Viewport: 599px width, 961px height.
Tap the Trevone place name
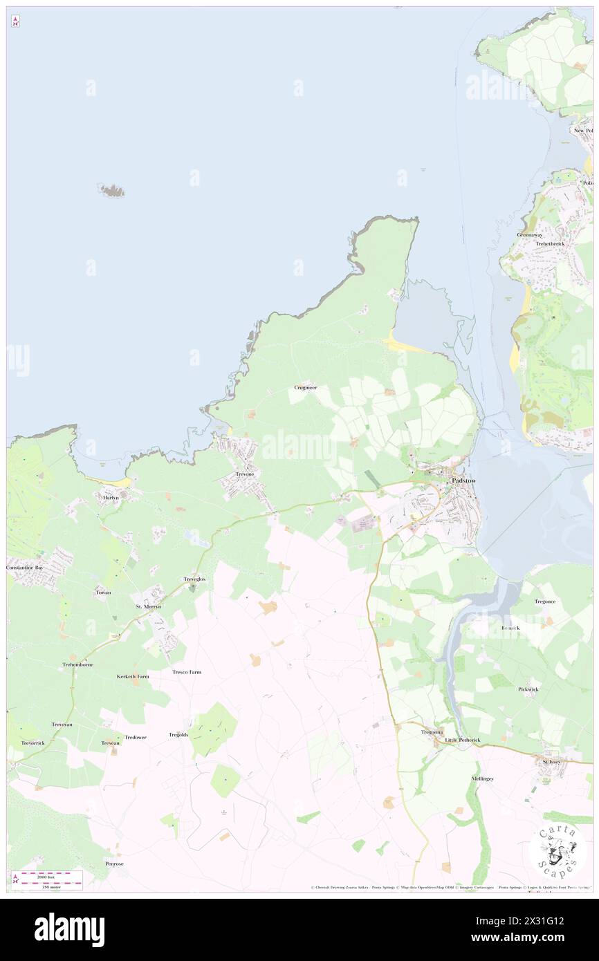tap(245, 474)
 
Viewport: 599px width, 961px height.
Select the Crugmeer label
tap(305, 387)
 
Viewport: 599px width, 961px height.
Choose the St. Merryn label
tap(148, 606)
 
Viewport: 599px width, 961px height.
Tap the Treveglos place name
tap(194, 579)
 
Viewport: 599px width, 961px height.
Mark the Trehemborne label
tap(77, 664)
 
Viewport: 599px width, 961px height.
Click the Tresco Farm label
tap(187, 671)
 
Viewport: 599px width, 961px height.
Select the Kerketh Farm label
tap(133, 676)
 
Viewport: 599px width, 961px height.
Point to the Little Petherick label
tap(462, 740)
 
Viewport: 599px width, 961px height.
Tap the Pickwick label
tap(528, 689)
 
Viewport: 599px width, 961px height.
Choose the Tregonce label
tap(545, 601)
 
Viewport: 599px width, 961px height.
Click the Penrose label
tap(114, 864)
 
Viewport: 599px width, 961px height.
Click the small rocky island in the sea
tap(111, 189)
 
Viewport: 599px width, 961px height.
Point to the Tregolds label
tap(178, 734)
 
